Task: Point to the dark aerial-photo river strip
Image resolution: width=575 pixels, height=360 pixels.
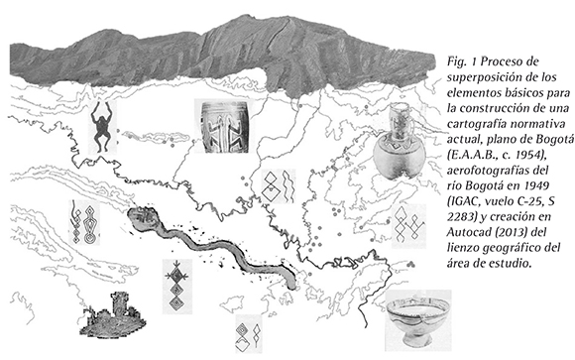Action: [211, 245]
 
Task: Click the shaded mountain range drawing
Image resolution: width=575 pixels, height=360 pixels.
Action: [220, 56]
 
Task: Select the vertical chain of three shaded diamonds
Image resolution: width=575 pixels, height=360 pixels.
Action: [176, 287]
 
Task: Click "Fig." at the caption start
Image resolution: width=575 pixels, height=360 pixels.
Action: [456, 61]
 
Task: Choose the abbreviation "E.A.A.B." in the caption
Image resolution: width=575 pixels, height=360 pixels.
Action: [466, 155]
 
